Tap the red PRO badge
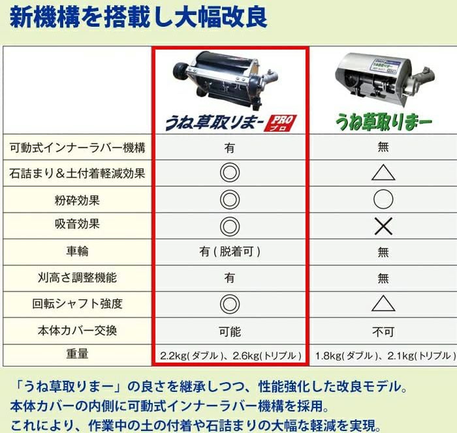280,123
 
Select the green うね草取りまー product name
384,122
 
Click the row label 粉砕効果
77,200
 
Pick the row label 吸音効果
77,224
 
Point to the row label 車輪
77,251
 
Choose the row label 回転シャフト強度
77,304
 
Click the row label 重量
77,354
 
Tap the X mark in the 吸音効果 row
383,226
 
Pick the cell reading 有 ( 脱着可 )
230,252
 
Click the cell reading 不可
383,331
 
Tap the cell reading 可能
230,331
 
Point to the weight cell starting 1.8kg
385,355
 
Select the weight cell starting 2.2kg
230,355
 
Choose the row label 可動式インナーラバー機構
77,147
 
